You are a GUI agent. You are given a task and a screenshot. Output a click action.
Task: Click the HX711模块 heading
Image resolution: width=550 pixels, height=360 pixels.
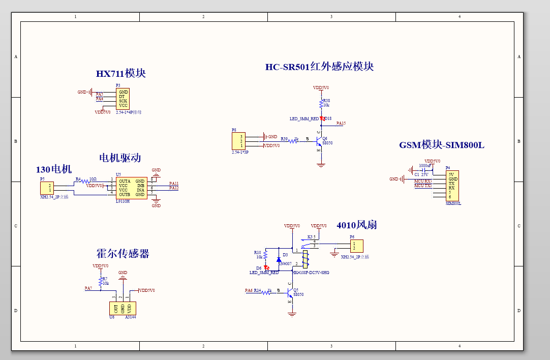[121, 73]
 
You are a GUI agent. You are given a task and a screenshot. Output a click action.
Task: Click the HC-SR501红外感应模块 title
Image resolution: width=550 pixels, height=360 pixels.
[319, 67]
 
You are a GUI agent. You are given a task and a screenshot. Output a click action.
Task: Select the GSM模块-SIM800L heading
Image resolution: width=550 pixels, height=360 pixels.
[441, 145]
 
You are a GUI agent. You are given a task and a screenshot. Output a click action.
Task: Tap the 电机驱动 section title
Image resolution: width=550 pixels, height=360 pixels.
[120, 158]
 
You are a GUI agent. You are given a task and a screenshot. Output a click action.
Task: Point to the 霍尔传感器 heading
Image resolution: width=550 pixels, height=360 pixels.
[123, 254]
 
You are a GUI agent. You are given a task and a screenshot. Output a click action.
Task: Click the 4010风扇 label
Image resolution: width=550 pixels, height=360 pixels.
[356, 225]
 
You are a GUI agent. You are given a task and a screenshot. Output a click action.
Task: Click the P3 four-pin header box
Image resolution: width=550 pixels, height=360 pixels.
[123, 99]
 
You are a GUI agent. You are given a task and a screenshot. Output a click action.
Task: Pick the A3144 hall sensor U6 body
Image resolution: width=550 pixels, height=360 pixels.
[123, 308]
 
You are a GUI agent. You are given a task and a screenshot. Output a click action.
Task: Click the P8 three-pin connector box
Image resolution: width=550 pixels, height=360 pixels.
[238, 141]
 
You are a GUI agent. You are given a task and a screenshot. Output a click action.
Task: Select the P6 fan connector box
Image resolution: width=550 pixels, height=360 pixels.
[356, 246]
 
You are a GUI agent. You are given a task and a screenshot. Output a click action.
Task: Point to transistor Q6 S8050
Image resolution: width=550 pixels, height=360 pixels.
[318, 140]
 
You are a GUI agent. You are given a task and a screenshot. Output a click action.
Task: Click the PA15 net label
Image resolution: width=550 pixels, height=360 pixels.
[341, 123]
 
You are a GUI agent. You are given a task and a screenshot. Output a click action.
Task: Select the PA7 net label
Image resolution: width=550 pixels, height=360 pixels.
[88, 288]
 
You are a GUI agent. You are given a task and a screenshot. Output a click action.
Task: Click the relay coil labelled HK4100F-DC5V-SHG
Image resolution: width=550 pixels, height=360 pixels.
[305, 258]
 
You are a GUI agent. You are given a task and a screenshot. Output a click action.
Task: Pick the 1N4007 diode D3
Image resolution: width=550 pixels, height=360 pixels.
[279, 259]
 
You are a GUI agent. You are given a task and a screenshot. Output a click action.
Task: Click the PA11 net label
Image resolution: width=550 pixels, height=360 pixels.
[174, 183]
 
